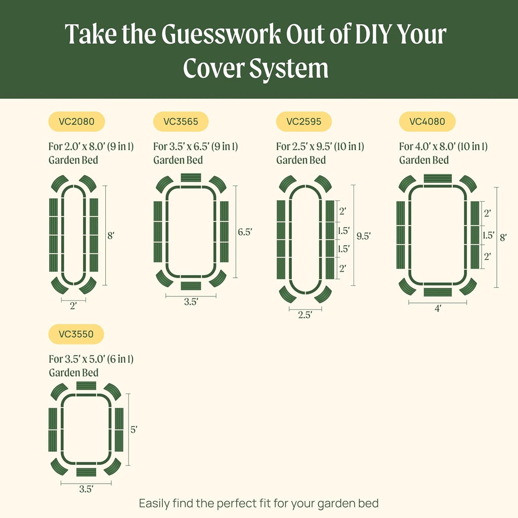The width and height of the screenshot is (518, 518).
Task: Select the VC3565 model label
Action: pyautogui.click(x=181, y=121)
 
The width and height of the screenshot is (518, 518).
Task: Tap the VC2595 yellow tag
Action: pyautogui.click(x=304, y=121)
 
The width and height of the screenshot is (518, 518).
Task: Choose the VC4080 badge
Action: pyautogui.click(x=427, y=121)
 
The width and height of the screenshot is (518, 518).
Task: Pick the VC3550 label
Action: pyautogui.click(x=76, y=334)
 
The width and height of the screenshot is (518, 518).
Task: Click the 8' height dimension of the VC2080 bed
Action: pyautogui.click(x=112, y=235)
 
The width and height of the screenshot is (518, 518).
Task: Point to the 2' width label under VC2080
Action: pyautogui.click(x=73, y=306)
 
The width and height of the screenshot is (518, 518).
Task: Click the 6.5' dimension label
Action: pyautogui.click(x=245, y=232)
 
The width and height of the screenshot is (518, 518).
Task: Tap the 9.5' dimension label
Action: pyautogui.click(x=364, y=236)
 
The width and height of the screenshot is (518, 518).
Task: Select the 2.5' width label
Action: pyautogui.click(x=305, y=315)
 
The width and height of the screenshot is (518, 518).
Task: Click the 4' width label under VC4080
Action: pyautogui.click(x=438, y=308)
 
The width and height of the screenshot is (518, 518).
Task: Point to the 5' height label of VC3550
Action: pyautogui.click(x=134, y=429)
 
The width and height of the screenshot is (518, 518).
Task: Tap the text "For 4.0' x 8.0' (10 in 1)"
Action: pyautogui.click(x=443, y=147)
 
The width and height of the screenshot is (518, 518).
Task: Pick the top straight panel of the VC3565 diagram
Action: pyautogui.click(x=191, y=177)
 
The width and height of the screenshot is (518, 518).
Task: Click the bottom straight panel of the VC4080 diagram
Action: pyautogui.click(x=438, y=292)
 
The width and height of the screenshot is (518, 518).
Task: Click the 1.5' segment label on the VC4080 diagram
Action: pyautogui.click(x=488, y=235)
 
